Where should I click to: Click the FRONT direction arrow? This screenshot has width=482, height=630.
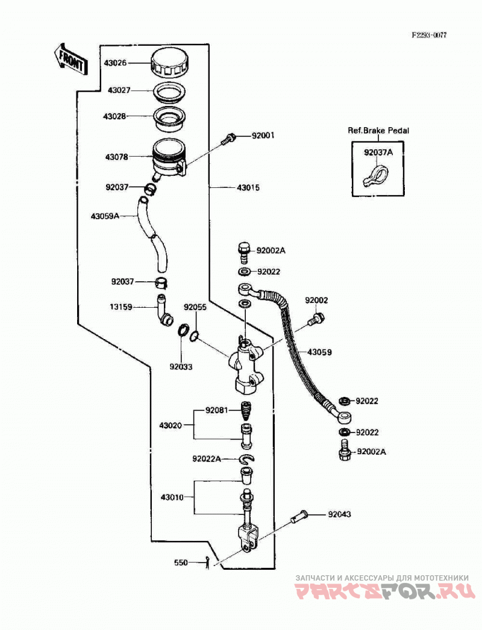[70, 60]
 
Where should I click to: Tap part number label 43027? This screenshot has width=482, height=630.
[119, 90]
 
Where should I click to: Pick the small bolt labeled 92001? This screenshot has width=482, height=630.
[228, 139]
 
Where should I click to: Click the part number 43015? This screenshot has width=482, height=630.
[248, 188]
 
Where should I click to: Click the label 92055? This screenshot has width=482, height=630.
[195, 307]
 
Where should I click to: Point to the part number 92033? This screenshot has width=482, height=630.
[181, 366]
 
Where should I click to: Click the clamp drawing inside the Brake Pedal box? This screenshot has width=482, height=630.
[375, 176]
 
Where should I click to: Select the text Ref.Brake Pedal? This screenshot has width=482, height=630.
[378, 131]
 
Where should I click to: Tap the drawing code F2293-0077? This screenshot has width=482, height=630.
[428, 35]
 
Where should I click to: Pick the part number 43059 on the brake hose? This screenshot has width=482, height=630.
[319, 352]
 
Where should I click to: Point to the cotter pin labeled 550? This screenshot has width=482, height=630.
[208, 563]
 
